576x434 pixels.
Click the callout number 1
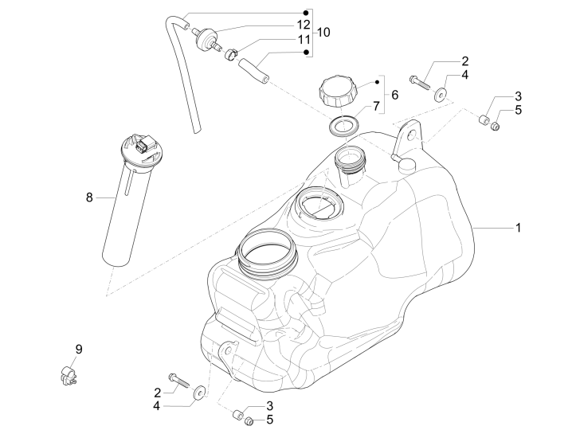point(518,228)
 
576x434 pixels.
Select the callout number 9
point(79,349)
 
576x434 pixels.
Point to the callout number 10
point(323,32)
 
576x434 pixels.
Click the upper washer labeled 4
point(439,96)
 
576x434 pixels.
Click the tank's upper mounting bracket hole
point(412,136)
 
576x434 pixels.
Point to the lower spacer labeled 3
point(236,415)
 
